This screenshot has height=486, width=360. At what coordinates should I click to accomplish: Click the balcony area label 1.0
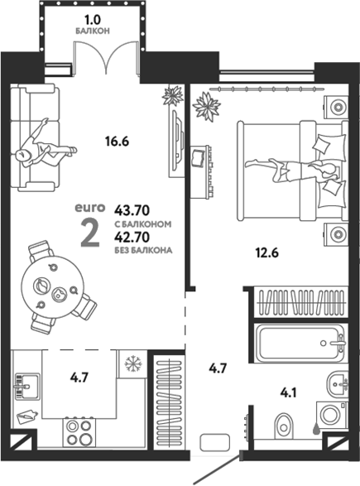click(x=93, y=21)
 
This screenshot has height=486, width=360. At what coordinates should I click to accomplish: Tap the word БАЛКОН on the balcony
click(x=93, y=31)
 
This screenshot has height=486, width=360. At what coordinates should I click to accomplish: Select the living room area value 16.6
click(x=117, y=142)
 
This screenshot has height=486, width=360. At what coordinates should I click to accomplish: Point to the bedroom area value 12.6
click(x=267, y=253)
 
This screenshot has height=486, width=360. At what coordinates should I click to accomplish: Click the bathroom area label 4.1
click(x=289, y=393)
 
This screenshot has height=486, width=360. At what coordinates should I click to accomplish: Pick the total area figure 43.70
click(x=132, y=211)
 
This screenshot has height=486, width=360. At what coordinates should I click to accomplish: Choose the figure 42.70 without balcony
click(x=132, y=237)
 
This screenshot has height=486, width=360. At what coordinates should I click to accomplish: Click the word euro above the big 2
click(x=90, y=208)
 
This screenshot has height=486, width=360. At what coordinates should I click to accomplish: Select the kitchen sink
click(x=27, y=387)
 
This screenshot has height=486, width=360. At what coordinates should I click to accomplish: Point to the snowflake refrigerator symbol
click(x=133, y=363)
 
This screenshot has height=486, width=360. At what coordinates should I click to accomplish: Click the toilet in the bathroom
click(x=284, y=426)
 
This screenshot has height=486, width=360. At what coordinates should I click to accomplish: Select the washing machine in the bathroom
click(x=332, y=417)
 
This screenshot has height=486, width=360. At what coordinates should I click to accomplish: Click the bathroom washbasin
click(x=338, y=384)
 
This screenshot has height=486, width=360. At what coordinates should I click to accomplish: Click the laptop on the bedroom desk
click(x=197, y=157)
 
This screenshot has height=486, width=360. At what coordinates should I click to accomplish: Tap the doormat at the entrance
click(x=215, y=442)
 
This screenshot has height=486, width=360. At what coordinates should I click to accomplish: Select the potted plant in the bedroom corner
click(x=207, y=106)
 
